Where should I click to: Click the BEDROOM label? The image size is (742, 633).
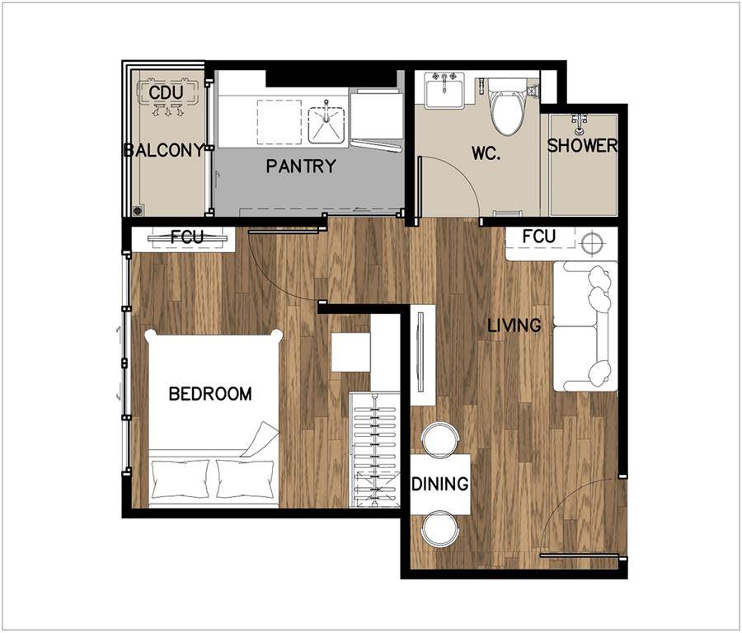(x=210, y=394)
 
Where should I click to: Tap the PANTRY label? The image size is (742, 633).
(x=301, y=166)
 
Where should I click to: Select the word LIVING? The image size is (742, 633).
(x=514, y=325)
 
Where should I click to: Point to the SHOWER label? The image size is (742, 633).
(x=582, y=145)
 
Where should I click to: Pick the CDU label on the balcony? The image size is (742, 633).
(x=166, y=92)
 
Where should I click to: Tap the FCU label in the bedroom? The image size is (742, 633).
(x=186, y=237)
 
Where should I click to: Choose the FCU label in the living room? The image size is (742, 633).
(x=539, y=236)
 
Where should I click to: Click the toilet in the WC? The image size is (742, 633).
(x=507, y=106)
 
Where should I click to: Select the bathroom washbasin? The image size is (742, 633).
(x=444, y=91)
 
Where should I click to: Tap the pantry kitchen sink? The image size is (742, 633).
(x=326, y=125)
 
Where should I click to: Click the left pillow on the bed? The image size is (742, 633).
(x=180, y=478)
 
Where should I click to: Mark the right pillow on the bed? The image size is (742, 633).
(x=245, y=478)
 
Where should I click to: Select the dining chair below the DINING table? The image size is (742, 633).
(x=440, y=528)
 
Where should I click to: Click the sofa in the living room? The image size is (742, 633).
(x=585, y=326)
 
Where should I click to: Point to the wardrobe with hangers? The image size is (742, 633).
(x=375, y=450)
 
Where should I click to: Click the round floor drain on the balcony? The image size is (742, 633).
(x=138, y=210)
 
